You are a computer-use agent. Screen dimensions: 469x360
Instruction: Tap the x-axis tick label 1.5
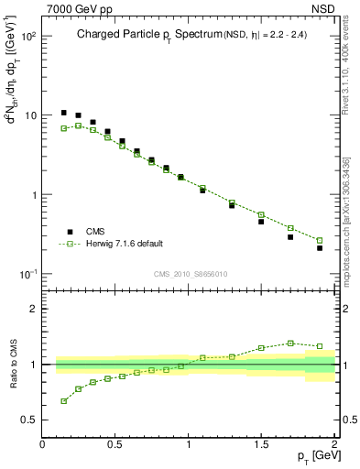pyautogui.click(x=261, y=443)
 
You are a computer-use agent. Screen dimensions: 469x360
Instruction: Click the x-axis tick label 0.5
pyautogui.click(x=115, y=443)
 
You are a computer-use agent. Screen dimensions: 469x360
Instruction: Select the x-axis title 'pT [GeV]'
pyautogui.click(x=313, y=456)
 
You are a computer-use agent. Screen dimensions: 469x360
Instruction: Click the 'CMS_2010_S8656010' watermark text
pyautogui.click(x=190, y=274)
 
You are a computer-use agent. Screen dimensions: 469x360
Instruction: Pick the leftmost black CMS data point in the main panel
pyautogui.click(x=63, y=113)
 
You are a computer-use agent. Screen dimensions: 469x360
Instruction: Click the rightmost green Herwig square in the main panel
pyautogui.click(x=320, y=241)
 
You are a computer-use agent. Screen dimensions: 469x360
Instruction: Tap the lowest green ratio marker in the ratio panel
pyautogui.click(x=63, y=401)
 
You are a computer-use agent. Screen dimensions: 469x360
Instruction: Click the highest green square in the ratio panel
pyautogui.click(x=290, y=344)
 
